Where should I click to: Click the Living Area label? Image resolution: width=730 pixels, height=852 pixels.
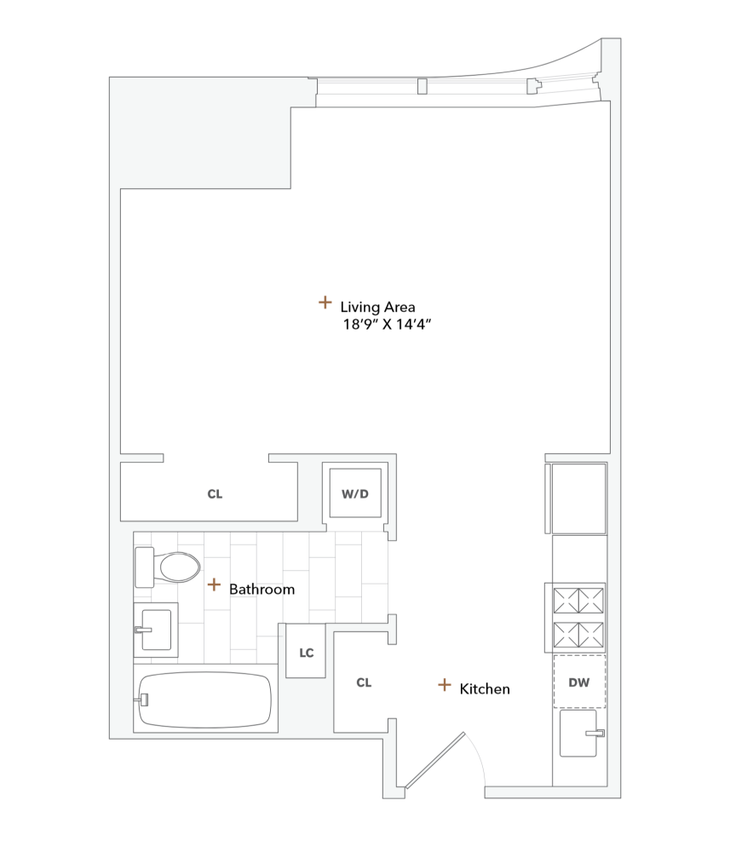[377, 307]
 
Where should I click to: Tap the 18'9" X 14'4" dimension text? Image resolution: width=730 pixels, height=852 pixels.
[382, 325]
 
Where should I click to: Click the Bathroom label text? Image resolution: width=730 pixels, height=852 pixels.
[262, 589]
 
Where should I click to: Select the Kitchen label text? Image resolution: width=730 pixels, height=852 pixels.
[485, 688]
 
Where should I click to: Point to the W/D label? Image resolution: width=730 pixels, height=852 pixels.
[354, 493]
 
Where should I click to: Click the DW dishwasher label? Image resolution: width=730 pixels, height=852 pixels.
[579, 682]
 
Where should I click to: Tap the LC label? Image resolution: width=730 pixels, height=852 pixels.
[307, 653]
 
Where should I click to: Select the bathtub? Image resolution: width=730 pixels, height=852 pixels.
[205, 700]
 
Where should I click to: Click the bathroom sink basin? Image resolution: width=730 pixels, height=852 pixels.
[158, 630]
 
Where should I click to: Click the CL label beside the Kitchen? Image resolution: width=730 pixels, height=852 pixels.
[364, 682]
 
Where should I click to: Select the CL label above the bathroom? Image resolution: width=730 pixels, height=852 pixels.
[215, 494]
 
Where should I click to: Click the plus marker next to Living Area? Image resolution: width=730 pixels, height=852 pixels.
[325, 302]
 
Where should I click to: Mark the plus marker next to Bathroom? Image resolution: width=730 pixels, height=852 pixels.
[214, 584]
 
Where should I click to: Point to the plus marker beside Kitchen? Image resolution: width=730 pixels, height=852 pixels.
[444, 684]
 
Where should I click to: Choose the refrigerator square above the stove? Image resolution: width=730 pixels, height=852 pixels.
[578, 498]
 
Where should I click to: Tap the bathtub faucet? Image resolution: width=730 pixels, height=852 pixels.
[143, 699]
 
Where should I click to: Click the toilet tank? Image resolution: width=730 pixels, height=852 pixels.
[144, 567]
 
